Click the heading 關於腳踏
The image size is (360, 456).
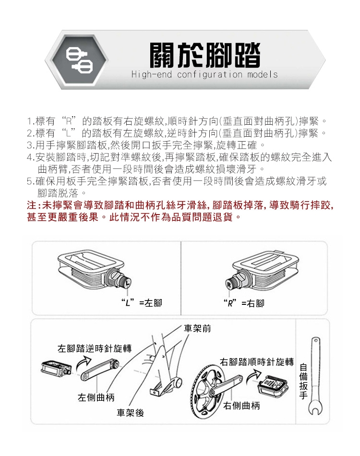coord(204,55)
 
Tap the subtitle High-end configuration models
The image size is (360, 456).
coord(204,74)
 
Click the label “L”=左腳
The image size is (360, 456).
coord(142,303)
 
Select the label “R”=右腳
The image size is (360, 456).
coord(244,303)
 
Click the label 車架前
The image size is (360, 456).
coord(197,328)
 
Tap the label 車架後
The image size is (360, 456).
coord(130,412)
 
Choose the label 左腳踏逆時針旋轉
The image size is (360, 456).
coord(95,348)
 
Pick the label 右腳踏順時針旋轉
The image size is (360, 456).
coord(257,362)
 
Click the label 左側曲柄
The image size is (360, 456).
coord(96,397)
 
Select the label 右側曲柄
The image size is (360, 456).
coord(241,405)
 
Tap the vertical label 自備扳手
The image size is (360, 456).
coord(303,381)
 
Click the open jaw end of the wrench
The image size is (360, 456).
coord(315,408)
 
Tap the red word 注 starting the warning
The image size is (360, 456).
coord(31,205)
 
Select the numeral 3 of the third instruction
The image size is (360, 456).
coord(29,144)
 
